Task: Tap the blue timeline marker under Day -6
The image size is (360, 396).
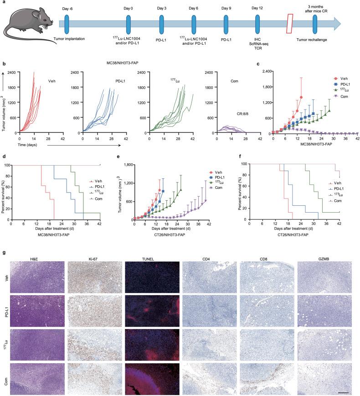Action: pyautogui.click(x=67, y=23)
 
